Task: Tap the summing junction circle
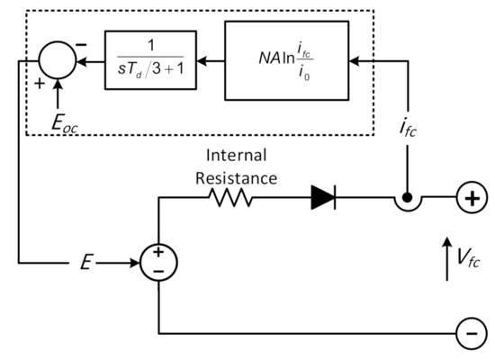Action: pos(58,61)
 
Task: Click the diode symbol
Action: pos(324,198)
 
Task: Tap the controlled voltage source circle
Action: pos(158,263)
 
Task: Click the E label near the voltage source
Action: pos(85,263)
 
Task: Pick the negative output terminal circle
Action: pos(469,334)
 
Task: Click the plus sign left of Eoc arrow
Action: pos(38,82)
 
